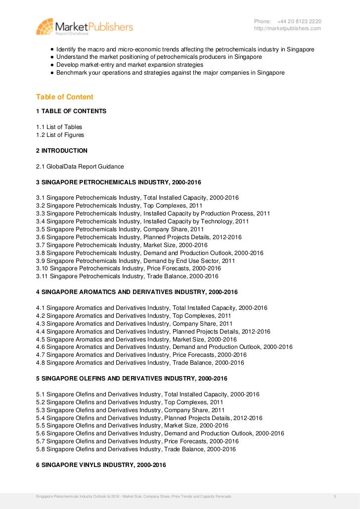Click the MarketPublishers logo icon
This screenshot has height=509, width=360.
[45, 26]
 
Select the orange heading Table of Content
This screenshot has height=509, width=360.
[65, 97]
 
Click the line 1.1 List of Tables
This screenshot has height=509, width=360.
[59, 127]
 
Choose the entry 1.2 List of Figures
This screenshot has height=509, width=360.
[60, 135]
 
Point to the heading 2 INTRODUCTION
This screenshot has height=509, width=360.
[62, 150]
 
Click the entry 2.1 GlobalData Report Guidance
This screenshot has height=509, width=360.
[80, 167]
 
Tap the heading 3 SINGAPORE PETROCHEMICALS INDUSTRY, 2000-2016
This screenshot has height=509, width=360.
[119, 182]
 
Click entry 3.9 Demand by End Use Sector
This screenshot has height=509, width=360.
[135, 260]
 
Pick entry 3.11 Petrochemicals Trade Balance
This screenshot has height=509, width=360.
[127, 276]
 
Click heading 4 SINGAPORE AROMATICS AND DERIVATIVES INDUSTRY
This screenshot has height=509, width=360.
[137, 292]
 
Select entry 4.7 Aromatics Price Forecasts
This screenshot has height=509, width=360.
[141, 355]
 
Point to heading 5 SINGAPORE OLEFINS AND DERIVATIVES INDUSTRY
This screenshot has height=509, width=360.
[132, 379]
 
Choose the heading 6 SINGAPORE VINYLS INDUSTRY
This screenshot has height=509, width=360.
[101, 465]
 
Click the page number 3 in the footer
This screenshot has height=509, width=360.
[335, 496]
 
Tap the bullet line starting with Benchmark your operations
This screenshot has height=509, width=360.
[170, 72]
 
